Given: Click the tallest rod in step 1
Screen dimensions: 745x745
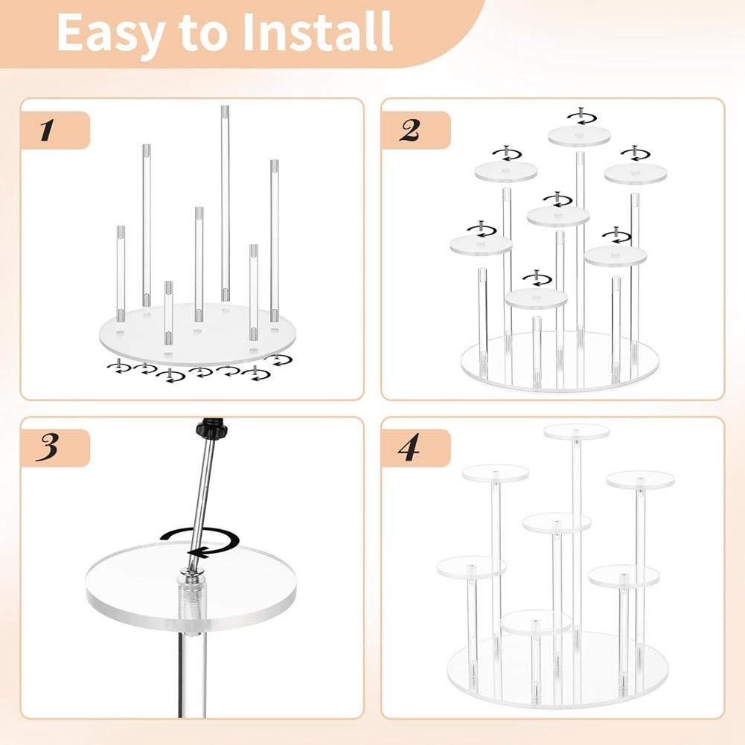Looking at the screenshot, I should tap(225, 201).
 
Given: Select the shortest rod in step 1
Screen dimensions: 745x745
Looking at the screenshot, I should tap(169, 313).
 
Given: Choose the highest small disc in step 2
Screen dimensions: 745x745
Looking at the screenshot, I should tap(579, 135).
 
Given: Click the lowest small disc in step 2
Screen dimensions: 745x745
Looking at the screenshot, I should tap(536, 298).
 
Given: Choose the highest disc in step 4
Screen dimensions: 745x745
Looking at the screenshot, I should tap(576, 432).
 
